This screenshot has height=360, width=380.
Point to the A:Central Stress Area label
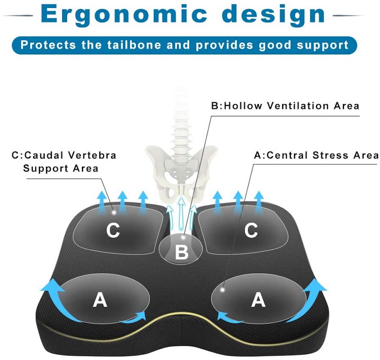[x=316, y=156]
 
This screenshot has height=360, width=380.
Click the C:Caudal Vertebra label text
[x=64, y=156]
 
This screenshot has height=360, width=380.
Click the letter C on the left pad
[x=113, y=230]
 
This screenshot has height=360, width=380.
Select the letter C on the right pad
[x=250, y=230]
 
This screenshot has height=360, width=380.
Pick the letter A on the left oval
[x=100, y=300]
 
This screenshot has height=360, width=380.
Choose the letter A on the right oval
[x=258, y=300]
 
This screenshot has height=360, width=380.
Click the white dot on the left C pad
[x=114, y=212]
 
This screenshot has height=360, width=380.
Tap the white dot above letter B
[x=184, y=237]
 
